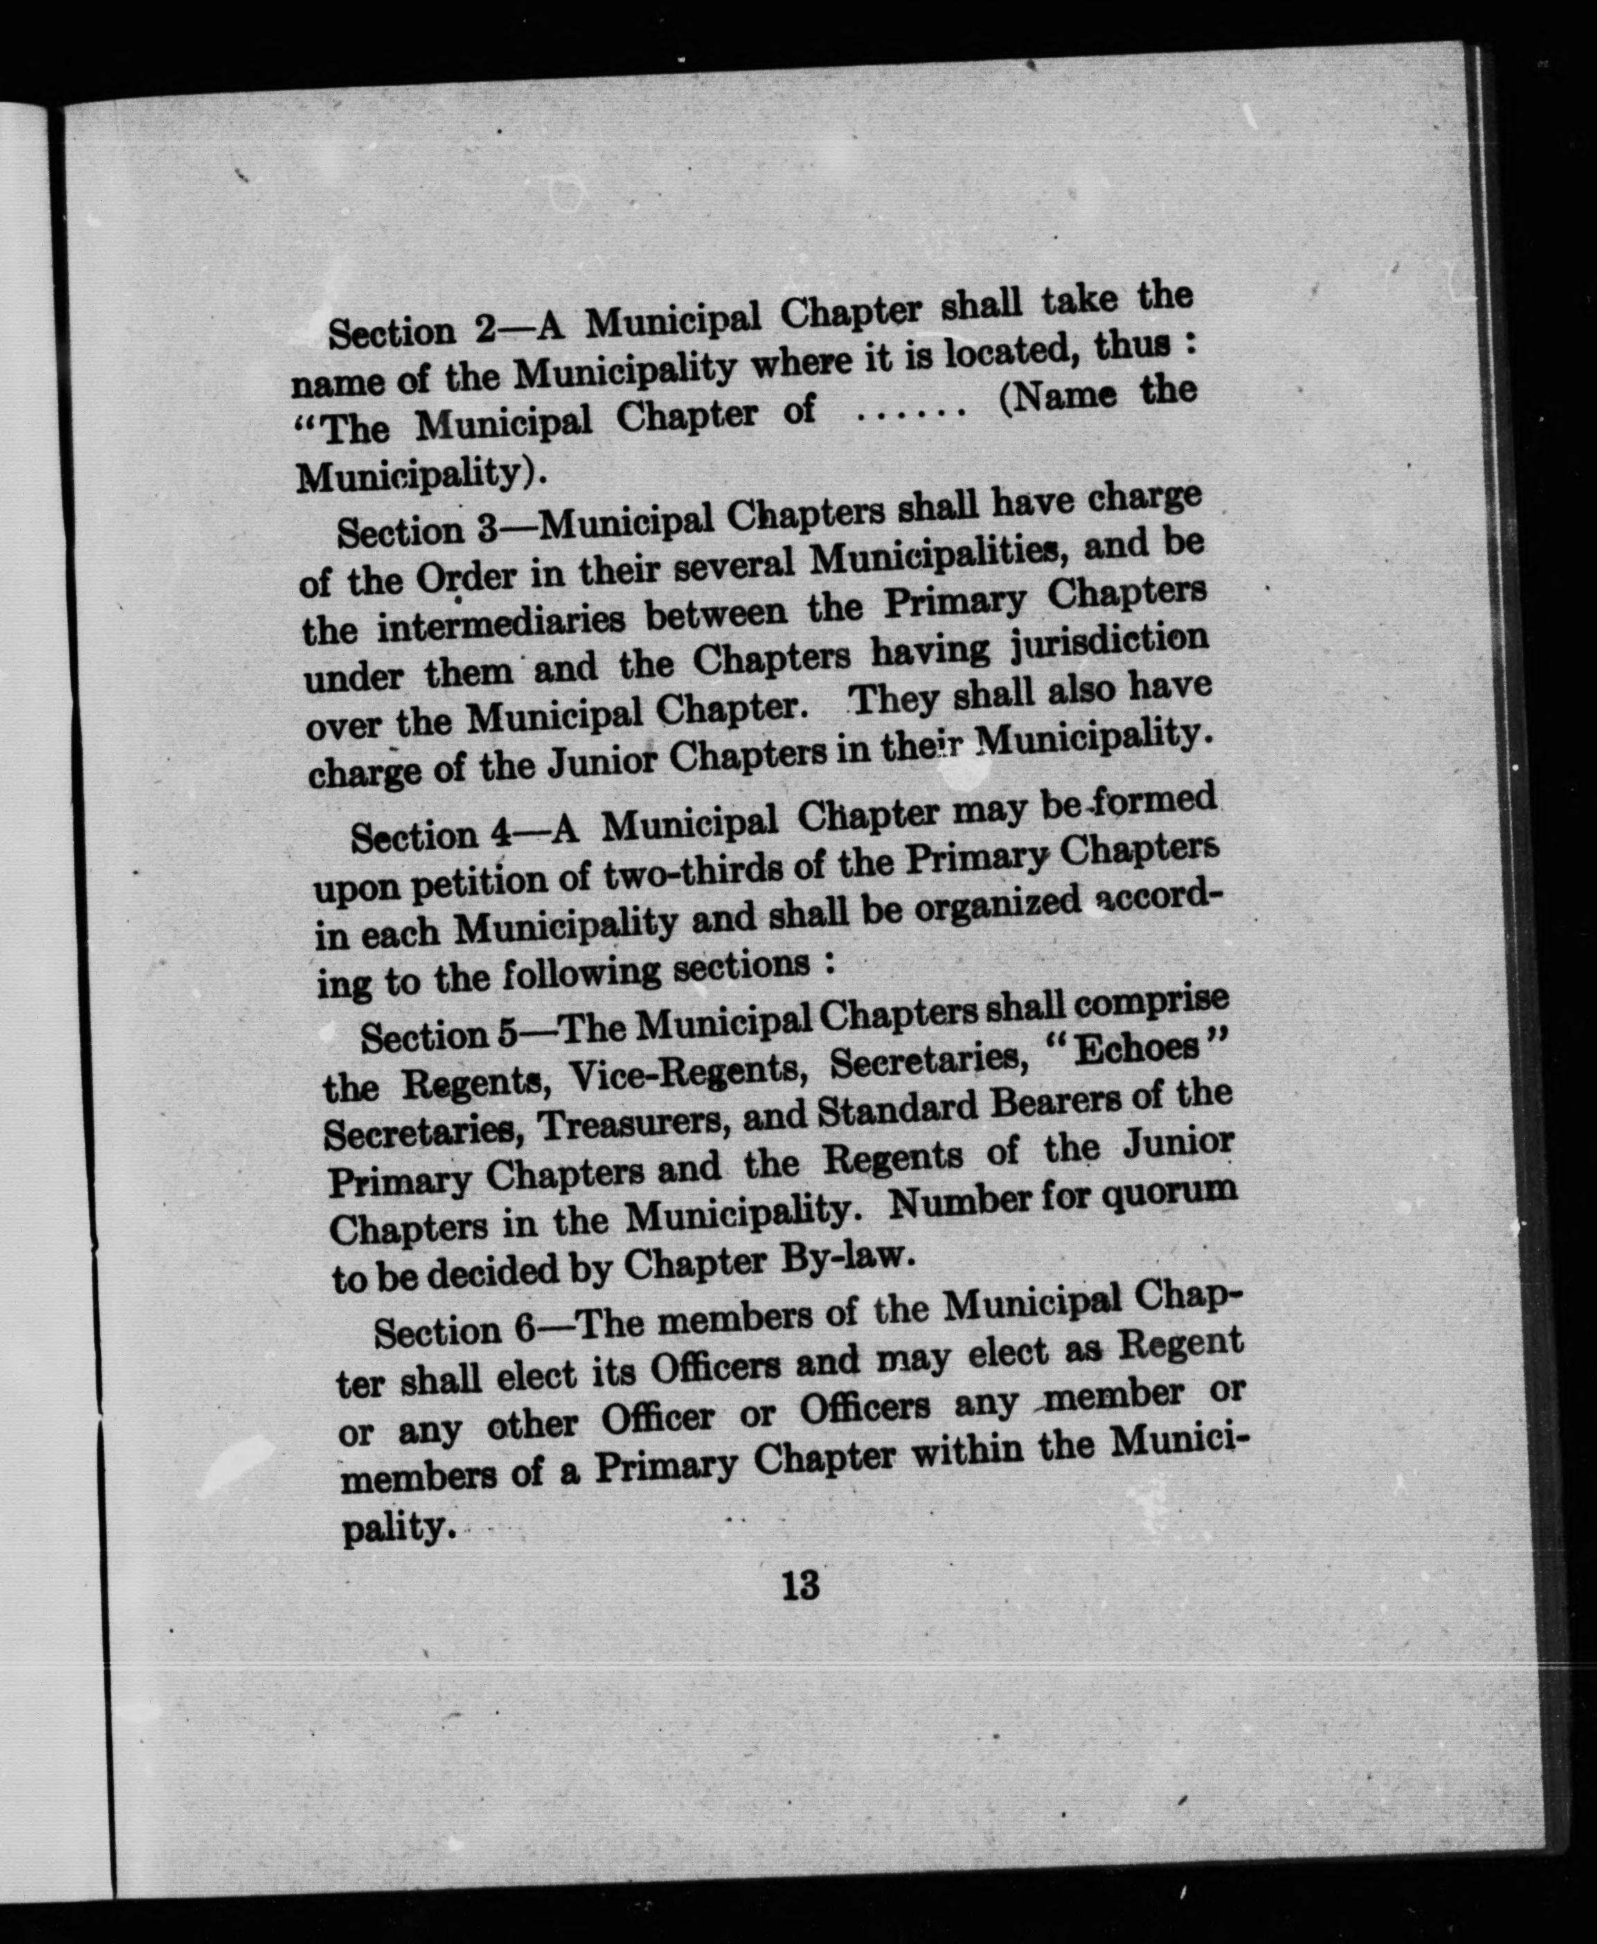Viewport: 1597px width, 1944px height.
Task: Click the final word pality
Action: tap(398, 1528)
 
